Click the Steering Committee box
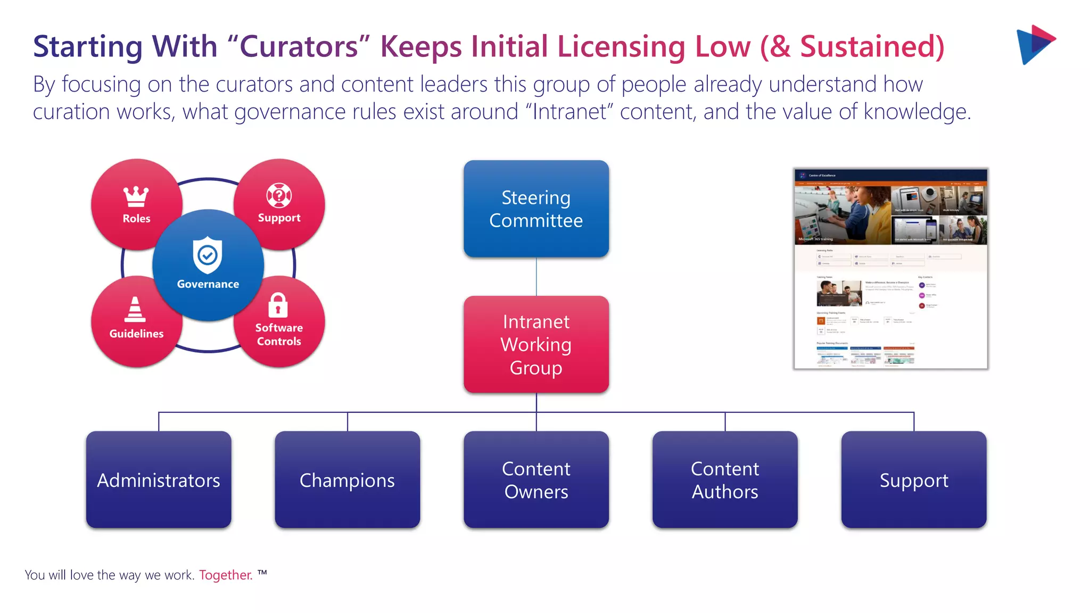point(536,209)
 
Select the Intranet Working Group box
point(536,344)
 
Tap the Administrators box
point(159,479)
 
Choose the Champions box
point(347,479)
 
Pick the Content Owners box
point(536,479)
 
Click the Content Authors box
point(725,479)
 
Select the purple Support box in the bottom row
point(914,479)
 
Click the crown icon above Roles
point(136,196)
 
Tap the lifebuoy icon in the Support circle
point(279,195)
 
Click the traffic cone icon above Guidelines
point(135,310)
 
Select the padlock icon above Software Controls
point(278,305)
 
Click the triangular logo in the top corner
point(1035,45)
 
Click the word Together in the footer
point(225,575)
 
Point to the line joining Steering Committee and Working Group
point(536,277)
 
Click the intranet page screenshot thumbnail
point(890,269)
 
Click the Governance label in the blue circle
point(208,284)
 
